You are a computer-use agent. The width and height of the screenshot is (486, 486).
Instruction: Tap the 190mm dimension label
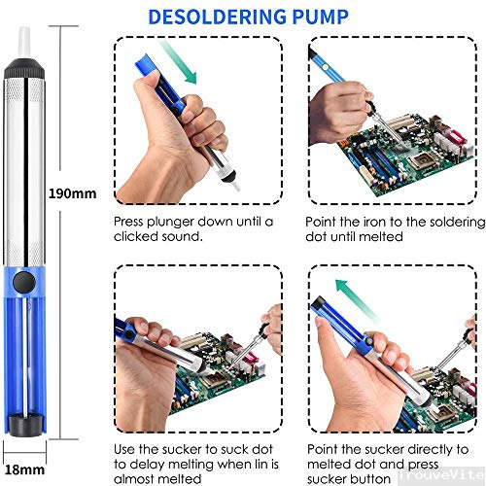click(x=73, y=193)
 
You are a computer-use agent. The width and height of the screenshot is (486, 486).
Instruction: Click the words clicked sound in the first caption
click(x=157, y=237)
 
